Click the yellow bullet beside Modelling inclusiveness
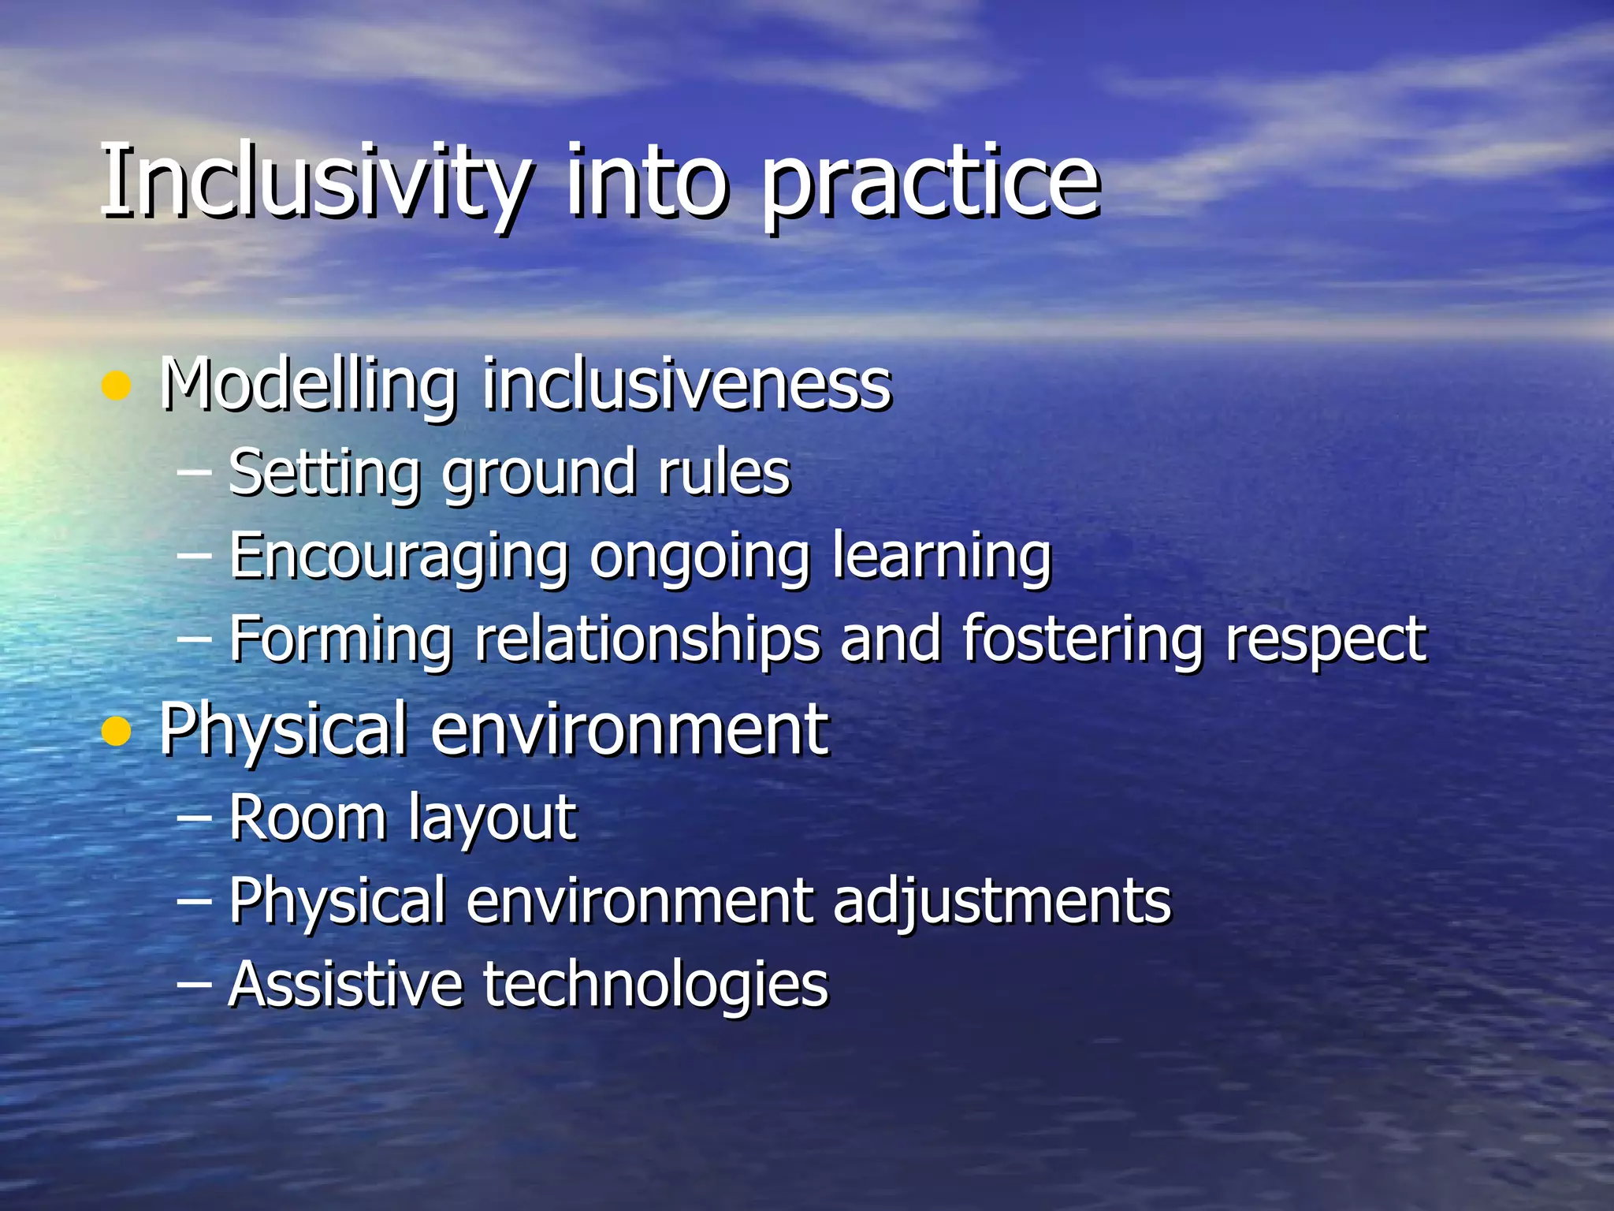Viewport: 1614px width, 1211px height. tap(117, 386)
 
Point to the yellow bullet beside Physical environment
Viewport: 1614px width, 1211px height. tap(117, 732)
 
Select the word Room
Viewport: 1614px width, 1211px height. tap(307, 818)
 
